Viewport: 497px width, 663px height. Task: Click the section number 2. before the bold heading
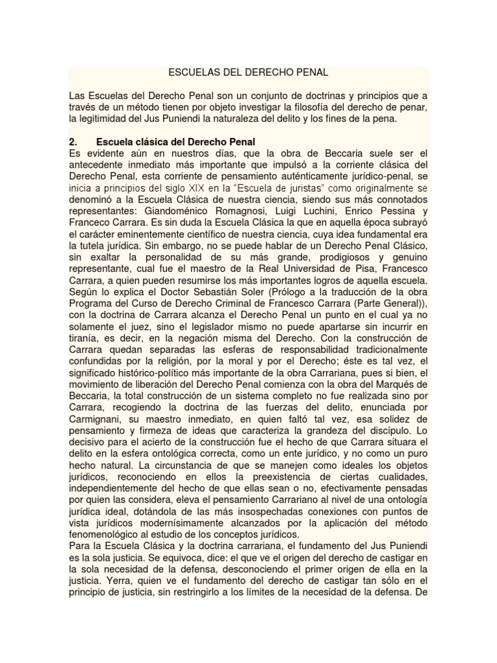73,141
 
